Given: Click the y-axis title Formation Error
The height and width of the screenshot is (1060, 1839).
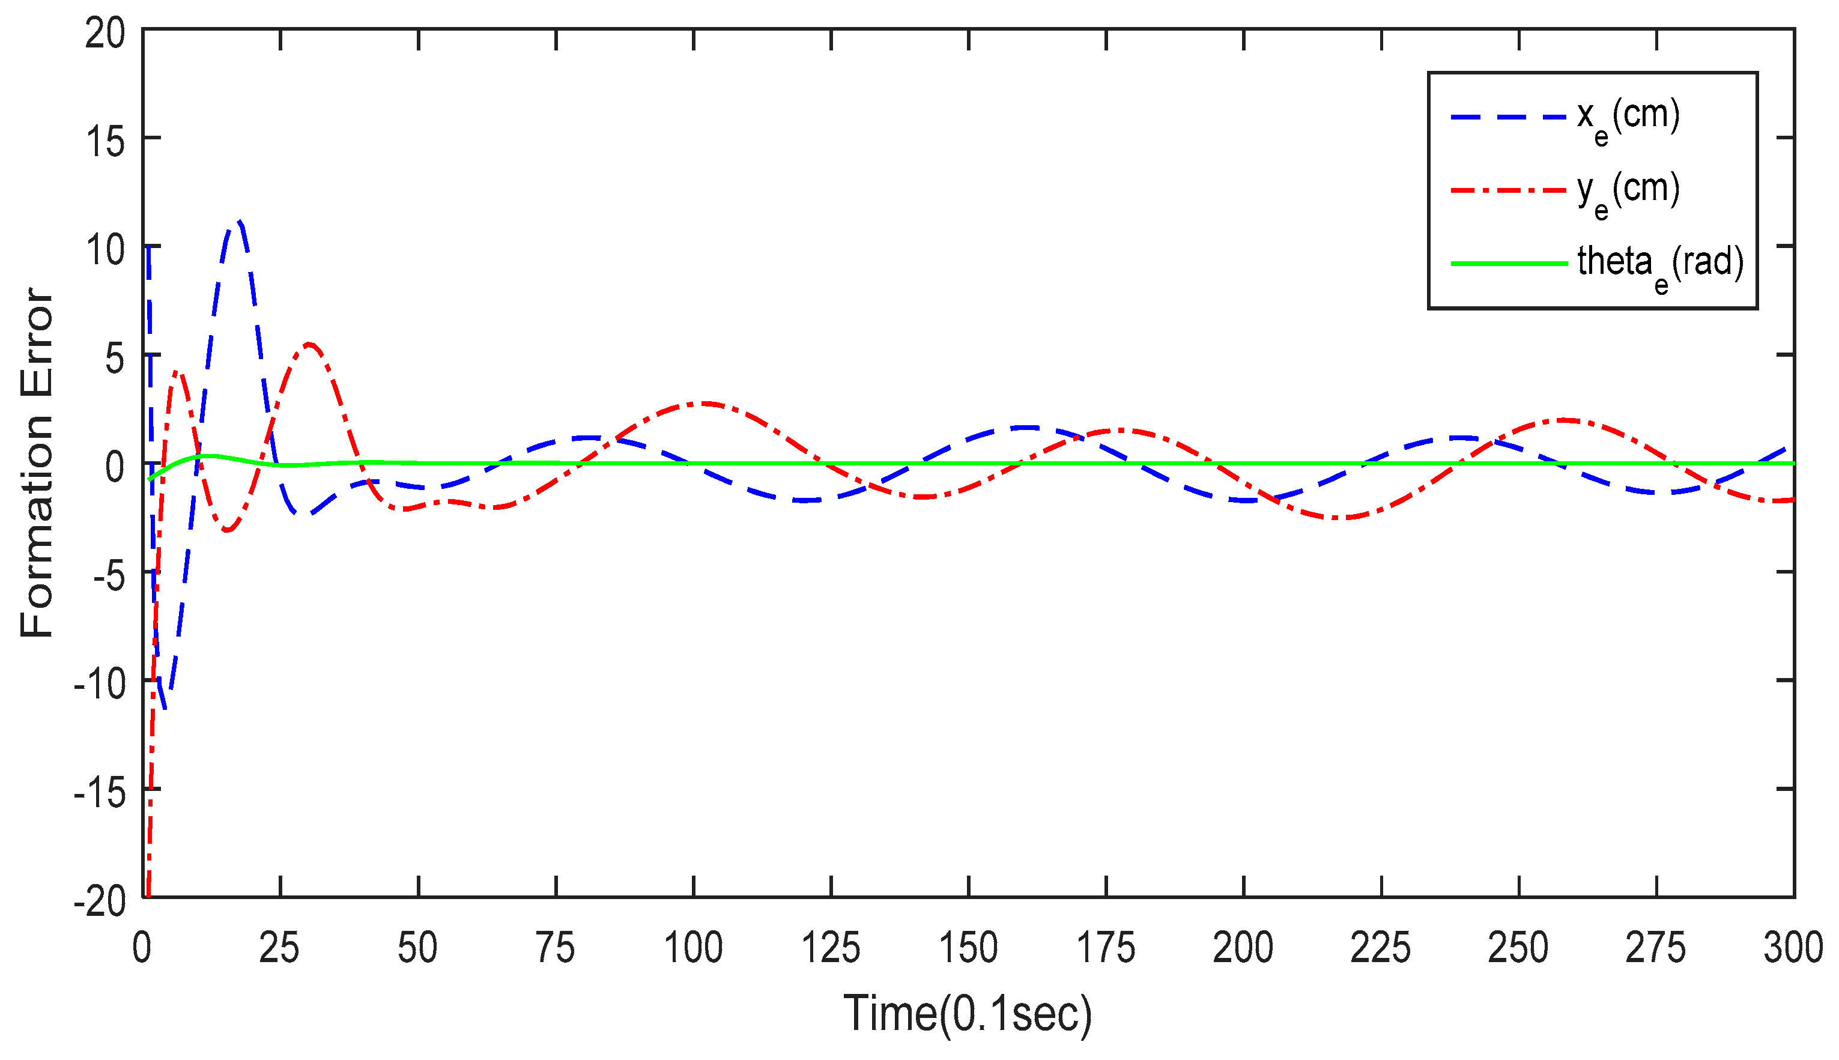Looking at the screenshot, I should pyautogui.click(x=37, y=463).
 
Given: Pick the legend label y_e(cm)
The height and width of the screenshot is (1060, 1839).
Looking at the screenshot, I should pyautogui.click(x=1628, y=192).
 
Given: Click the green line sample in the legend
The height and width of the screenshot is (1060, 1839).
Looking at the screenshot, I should pyautogui.click(x=1507, y=263).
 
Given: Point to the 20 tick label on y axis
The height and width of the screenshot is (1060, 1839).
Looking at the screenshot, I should pyautogui.click(x=105, y=34).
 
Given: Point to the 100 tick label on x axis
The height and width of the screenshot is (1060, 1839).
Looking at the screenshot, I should pyautogui.click(x=693, y=948).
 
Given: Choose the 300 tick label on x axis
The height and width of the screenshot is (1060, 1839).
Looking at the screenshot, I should pyautogui.click(x=1792, y=948).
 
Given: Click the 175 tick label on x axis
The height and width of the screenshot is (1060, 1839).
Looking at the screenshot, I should pyautogui.click(x=1105, y=948).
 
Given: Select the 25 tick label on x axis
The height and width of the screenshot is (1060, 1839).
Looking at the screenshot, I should pyautogui.click(x=279, y=948).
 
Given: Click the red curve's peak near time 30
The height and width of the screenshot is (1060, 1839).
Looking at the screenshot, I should pyautogui.click(x=309, y=344).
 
